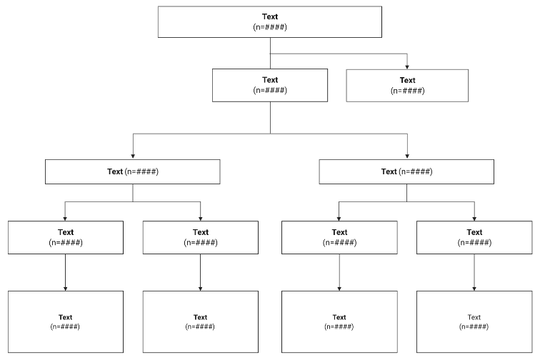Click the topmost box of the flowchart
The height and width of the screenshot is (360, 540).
[x=270, y=21]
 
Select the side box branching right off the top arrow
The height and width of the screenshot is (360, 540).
[x=407, y=85]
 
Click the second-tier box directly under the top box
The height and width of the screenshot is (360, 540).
[x=270, y=85]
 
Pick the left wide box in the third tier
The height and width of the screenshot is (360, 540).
[x=132, y=171]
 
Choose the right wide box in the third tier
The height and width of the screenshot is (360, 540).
[x=406, y=171]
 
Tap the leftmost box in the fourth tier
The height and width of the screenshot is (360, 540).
[x=65, y=237]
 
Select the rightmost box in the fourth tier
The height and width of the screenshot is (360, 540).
[x=474, y=237]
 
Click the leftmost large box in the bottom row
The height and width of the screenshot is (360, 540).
[x=65, y=321]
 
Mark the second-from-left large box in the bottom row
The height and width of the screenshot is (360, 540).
[x=200, y=321]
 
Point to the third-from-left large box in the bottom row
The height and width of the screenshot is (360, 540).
[x=339, y=321]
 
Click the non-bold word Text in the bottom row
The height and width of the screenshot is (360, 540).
[x=474, y=317]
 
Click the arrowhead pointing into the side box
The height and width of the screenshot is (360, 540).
[x=407, y=66]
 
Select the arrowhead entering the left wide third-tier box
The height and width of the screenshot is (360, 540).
[x=132, y=156]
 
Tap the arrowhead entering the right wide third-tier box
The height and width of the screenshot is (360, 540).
[x=407, y=156]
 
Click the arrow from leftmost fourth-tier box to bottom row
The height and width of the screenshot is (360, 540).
[x=65, y=272]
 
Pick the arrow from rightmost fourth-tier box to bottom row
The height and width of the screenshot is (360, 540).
[x=474, y=272]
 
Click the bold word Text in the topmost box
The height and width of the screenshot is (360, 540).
[x=270, y=16]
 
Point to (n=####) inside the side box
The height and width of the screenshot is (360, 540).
[x=407, y=91]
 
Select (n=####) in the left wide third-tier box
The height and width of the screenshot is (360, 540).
[x=141, y=171]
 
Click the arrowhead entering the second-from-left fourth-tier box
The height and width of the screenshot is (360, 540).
[x=200, y=218]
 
